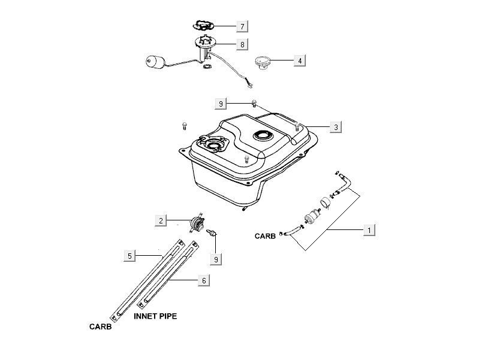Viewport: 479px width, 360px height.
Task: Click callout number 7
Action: pyautogui.click(x=242, y=26)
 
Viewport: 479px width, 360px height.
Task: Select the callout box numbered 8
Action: pyautogui.click(x=242, y=44)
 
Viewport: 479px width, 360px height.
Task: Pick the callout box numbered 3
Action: pyautogui.click(x=336, y=127)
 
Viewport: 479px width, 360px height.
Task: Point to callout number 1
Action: pyautogui.click(x=370, y=229)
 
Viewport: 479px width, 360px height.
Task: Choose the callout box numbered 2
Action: pyautogui.click(x=161, y=221)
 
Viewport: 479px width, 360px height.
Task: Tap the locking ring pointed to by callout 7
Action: pyautogui.click(x=203, y=25)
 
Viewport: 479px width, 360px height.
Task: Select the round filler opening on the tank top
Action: pyautogui.click(x=263, y=135)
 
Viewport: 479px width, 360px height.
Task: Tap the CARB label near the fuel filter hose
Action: pyautogui.click(x=265, y=237)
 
